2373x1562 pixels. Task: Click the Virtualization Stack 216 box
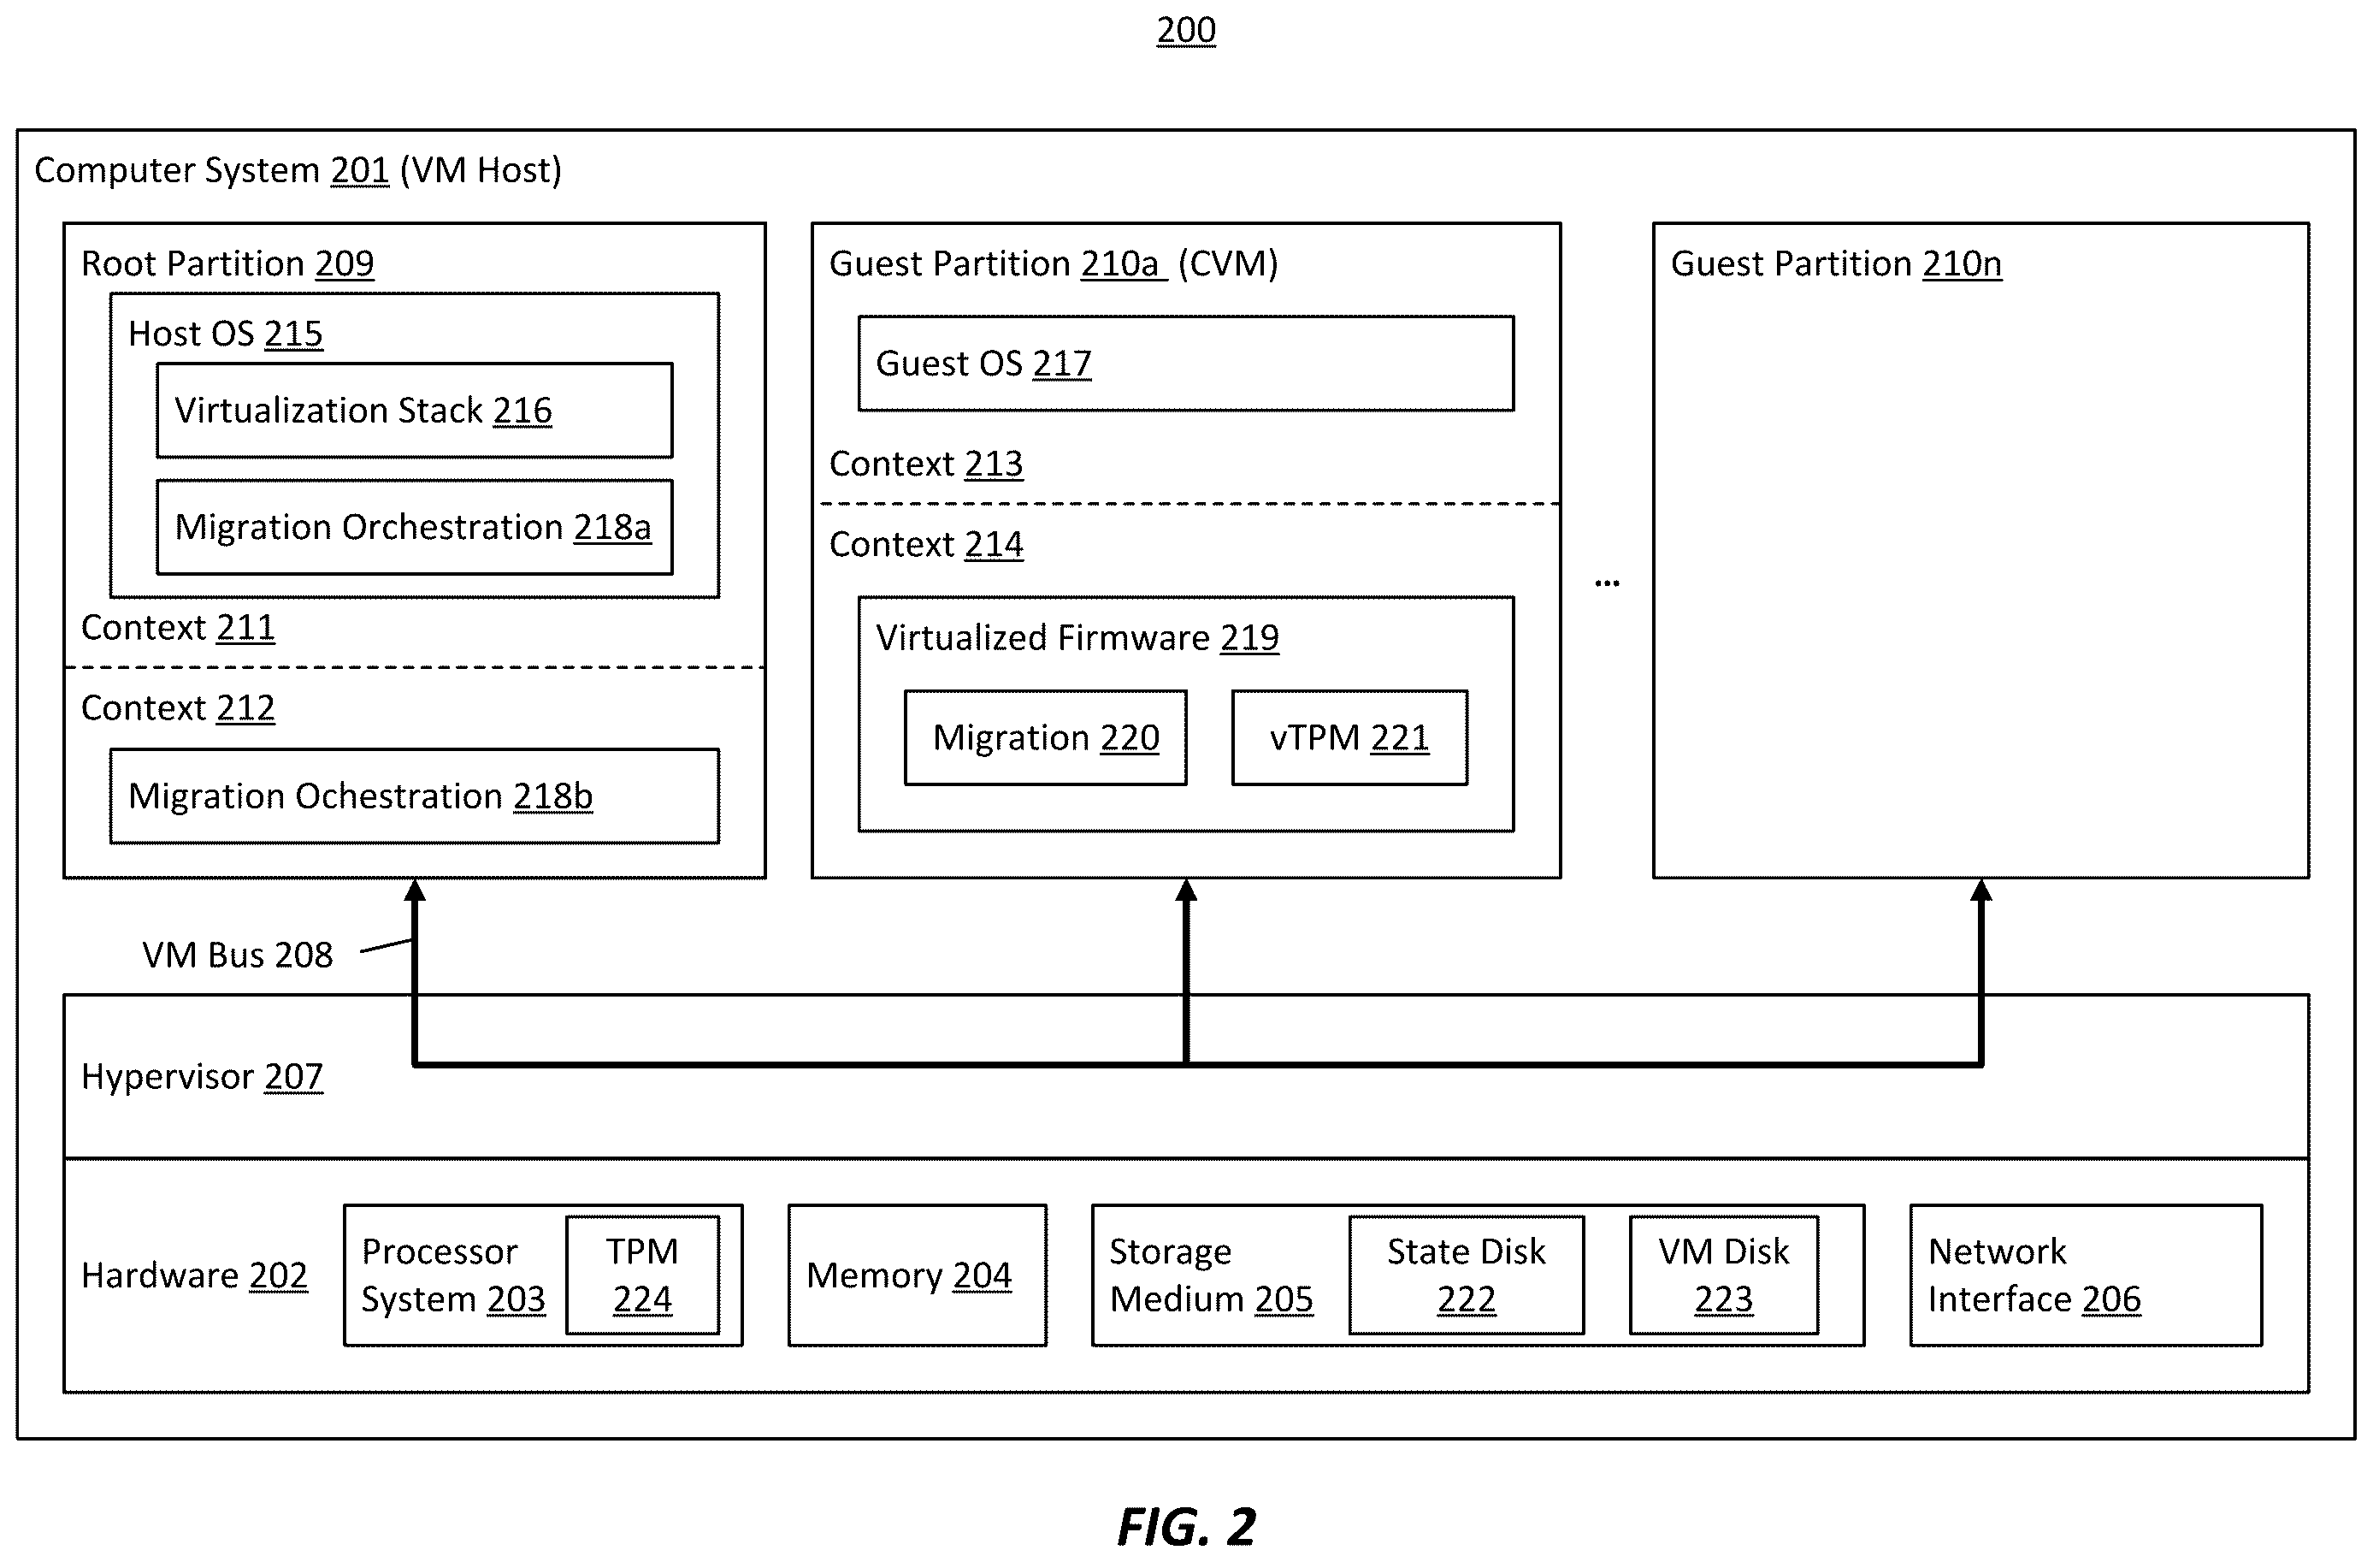coord(415,410)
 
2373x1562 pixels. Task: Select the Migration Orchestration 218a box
coord(415,527)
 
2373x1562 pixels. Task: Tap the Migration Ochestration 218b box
coord(415,796)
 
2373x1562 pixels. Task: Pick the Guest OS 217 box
coord(1187,363)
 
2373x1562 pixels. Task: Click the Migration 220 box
coord(1046,737)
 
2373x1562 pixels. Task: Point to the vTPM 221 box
coord(1350,737)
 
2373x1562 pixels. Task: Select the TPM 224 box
coord(643,1275)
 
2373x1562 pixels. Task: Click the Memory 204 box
coord(918,1275)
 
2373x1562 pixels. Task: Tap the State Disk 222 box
coord(1467,1275)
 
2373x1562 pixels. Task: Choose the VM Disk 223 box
coord(1724,1275)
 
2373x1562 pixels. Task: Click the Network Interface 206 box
coord(2086,1275)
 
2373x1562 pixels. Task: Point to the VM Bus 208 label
coord(238,955)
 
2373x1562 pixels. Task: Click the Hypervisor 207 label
coord(203,1076)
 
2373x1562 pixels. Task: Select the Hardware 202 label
coord(194,1275)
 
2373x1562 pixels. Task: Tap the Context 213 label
coord(926,464)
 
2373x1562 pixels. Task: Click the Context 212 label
coord(178,707)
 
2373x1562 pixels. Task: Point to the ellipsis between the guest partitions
coord(1608,583)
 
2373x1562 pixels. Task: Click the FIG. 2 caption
coord(1187,1526)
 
